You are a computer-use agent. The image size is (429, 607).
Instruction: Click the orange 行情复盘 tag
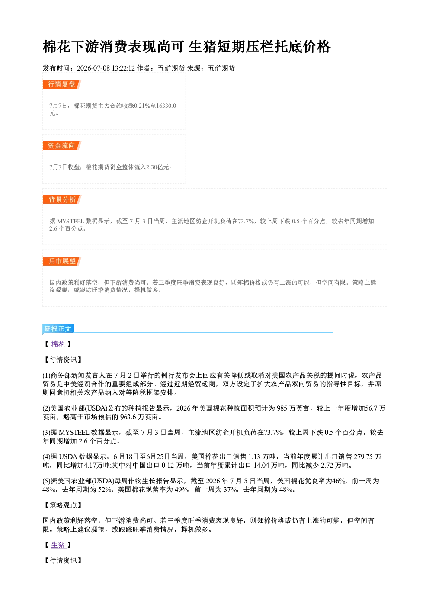coord(62,84)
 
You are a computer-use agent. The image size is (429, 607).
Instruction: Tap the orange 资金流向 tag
coord(62,145)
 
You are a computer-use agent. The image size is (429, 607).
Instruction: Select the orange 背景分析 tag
coord(62,200)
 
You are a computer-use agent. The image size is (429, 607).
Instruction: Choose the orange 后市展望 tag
coord(62,261)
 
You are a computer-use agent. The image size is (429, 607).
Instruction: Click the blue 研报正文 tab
coord(58,328)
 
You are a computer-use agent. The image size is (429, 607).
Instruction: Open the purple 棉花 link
coord(58,344)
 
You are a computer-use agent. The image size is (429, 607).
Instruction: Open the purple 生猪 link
coord(58,545)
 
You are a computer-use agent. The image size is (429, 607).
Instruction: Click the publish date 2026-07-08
coord(93,68)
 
